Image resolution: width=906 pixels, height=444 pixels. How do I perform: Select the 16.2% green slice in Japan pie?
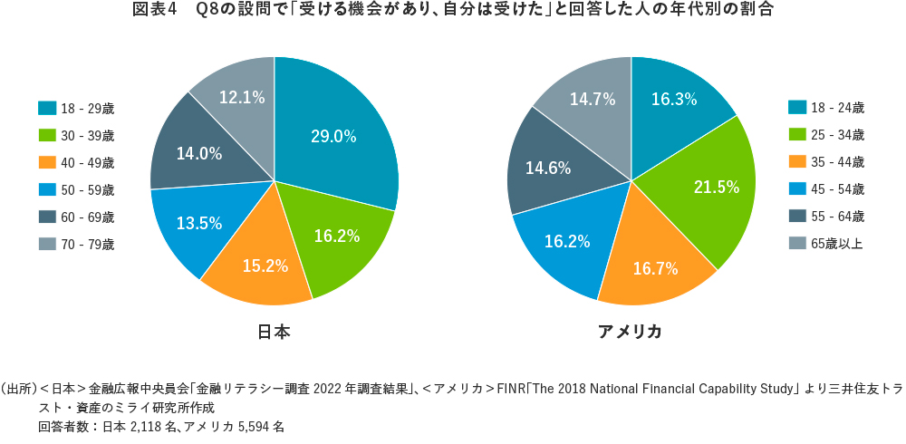click(337, 237)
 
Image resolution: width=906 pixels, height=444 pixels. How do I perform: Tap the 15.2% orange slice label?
click(265, 266)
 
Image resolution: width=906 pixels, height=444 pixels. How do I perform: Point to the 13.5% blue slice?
click(199, 224)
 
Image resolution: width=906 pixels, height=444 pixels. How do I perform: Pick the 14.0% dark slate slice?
click(199, 153)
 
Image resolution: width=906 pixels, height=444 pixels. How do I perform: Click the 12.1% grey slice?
click(242, 97)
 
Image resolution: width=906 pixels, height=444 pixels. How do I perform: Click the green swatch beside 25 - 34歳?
click(797, 135)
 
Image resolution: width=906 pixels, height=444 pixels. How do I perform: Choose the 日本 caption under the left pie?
click(274, 332)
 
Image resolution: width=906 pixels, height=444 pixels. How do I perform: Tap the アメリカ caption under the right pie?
click(630, 332)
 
